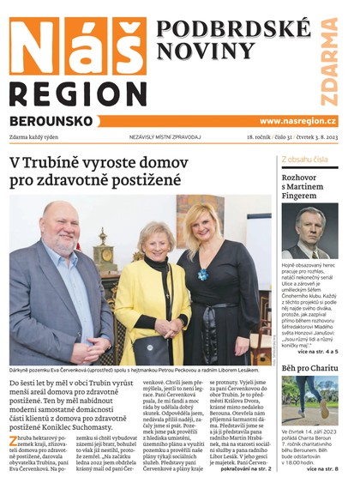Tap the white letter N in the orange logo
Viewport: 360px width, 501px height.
pyautogui.click(x=33, y=46)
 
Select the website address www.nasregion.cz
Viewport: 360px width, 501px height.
pyautogui.click(x=297, y=121)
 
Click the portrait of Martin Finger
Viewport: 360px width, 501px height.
pyautogui.click(x=309, y=232)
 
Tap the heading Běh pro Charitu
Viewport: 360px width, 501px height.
pyautogui.click(x=309, y=369)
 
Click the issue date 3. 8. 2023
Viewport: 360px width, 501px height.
pyautogui.click(x=321, y=137)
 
